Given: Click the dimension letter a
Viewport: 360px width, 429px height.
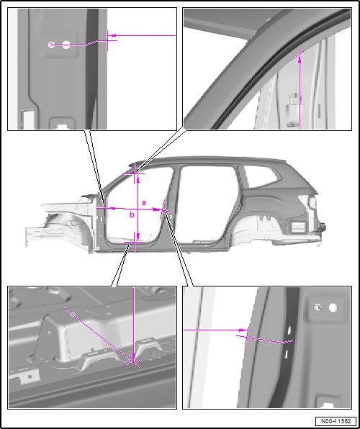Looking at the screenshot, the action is coord(144,203).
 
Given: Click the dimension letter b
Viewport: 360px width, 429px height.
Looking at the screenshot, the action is coord(132,214).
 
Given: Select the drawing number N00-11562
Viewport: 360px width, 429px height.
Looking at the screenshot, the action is coord(336,421).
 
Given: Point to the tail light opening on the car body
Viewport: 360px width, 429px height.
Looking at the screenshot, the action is coord(298,227).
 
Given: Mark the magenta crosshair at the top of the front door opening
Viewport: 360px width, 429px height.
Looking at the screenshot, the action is coord(135,173).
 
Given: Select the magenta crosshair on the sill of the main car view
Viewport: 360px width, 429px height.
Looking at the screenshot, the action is coord(135,242).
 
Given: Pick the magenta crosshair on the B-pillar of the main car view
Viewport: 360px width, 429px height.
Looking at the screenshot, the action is coord(163,210).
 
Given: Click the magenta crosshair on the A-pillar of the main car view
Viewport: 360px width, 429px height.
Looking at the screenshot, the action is coord(107,208).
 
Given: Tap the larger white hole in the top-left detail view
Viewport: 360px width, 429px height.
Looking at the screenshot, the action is coord(66,45).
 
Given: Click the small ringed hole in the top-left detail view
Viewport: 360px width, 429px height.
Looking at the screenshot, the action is coord(51,45).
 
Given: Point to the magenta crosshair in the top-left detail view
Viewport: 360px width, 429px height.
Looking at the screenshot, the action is coord(107,40).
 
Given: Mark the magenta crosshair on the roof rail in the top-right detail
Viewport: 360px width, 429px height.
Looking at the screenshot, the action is coord(300,55).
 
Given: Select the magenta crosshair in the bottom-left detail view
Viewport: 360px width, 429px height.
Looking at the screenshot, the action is coord(134,362).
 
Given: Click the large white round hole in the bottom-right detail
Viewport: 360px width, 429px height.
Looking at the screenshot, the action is coord(333,308).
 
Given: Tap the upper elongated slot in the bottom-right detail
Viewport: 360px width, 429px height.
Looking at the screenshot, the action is coord(289,330).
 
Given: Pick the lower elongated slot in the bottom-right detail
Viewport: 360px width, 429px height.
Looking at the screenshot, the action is coord(286,354).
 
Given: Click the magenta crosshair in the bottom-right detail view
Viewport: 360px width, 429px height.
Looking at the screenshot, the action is coord(247,337).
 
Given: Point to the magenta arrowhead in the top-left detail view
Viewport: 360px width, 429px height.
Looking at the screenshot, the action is coord(112,35).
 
